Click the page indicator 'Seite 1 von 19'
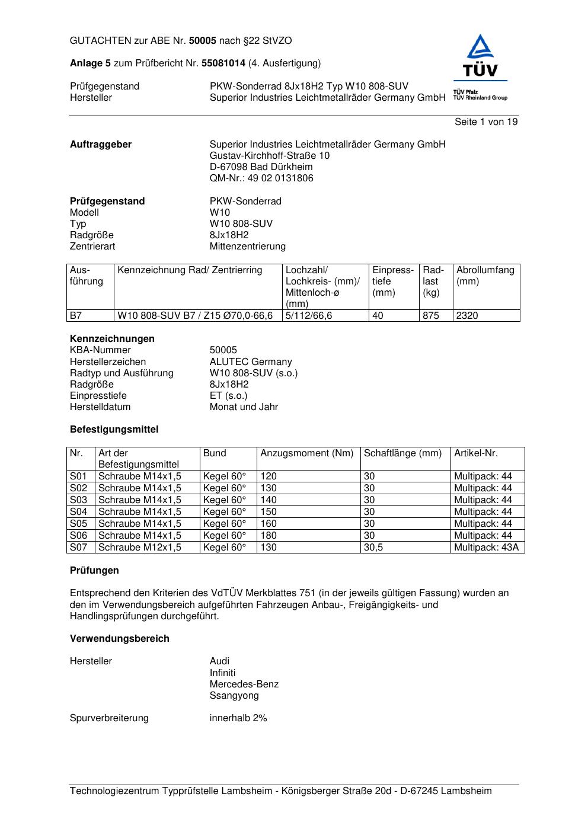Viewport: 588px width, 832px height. point(485,122)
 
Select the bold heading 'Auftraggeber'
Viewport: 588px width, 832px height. point(101,145)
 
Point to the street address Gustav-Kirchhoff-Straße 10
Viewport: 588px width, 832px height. point(270,156)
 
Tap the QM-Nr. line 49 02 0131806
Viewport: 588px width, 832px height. point(261,178)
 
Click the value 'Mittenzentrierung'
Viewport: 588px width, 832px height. point(247,247)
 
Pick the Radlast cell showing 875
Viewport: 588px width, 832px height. point(431,316)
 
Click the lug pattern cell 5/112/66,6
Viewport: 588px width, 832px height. point(309,316)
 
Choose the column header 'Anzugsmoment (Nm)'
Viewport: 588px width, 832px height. point(307,453)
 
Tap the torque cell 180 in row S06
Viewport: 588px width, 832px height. point(269,536)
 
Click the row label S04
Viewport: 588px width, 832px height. point(78,512)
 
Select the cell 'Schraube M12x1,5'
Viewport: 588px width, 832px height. point(140,548)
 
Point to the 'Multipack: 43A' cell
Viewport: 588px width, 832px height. point(486,548)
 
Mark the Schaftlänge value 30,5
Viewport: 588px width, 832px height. point(373,548)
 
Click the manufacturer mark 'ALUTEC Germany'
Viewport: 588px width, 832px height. point(251,362)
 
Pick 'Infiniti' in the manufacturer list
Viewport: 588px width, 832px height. point(222,673)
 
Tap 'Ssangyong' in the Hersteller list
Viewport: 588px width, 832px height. point(234,696)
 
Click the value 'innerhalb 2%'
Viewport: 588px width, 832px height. point(238,718)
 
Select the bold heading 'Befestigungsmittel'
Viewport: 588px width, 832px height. point(114,430)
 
